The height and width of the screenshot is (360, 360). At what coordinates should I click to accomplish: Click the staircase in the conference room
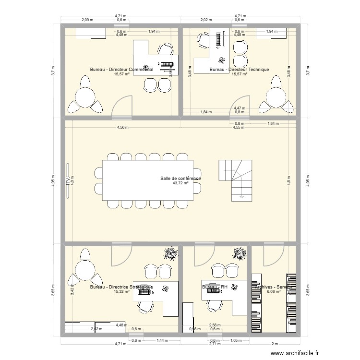(235, 179)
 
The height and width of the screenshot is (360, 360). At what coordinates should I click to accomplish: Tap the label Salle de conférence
(180, 179)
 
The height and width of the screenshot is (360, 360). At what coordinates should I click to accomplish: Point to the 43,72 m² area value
(180, 183)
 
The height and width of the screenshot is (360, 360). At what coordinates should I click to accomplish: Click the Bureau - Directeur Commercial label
(121, 70)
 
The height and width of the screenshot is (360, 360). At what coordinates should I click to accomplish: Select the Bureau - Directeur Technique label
(239, 70)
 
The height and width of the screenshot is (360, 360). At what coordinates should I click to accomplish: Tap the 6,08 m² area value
(274, 291)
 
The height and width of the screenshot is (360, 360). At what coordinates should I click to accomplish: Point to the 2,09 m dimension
(87, 20)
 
